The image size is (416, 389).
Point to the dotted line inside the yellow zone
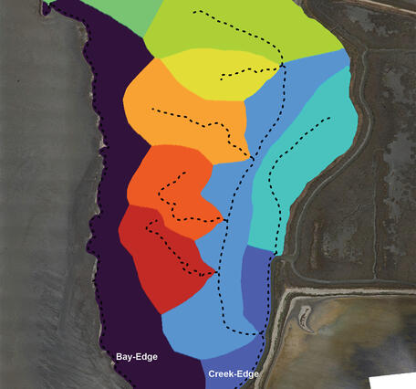coord(246,69)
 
